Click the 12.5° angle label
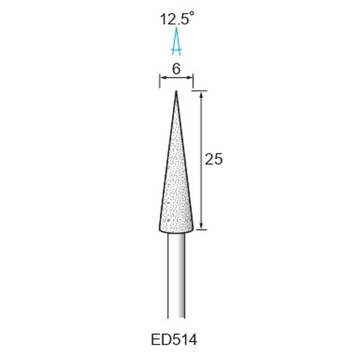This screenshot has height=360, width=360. point(176,19)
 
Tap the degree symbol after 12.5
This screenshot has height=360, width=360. point(191,14)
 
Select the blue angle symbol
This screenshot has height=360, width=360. point(176,41)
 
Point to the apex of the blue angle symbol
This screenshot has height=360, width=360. point(176,28)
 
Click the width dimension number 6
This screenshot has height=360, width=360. point(176,70)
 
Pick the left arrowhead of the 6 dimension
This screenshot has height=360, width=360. point(163,78)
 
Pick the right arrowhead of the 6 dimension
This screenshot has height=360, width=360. point(190,78)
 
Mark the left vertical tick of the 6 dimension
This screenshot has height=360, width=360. point(160,81)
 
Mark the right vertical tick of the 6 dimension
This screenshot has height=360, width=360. point(193,81)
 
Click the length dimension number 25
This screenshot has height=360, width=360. point(214,159)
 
